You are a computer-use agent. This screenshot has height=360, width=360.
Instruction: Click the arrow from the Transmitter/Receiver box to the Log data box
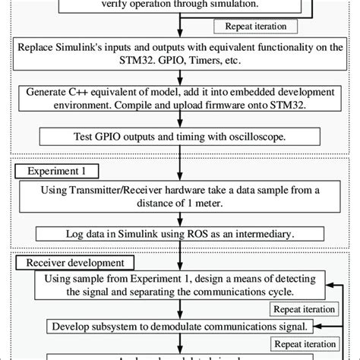(180, 219)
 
